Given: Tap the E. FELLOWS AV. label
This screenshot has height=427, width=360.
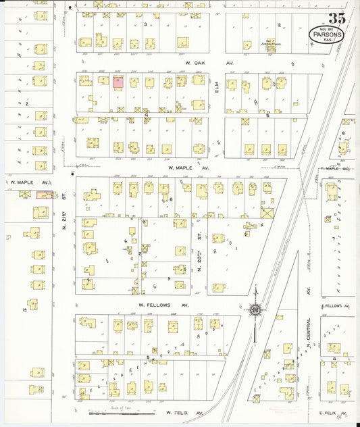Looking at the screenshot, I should point(335,305).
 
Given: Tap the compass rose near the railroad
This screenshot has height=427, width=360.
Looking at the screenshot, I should point(255,310).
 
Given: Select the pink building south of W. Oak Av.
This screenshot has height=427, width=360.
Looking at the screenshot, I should point(118,82).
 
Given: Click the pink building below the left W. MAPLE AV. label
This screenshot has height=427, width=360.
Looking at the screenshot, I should point(44,195).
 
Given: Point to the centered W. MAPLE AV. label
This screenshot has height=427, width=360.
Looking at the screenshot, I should point(184,166).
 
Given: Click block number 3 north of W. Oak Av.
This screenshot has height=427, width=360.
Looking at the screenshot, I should point(146,24).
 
